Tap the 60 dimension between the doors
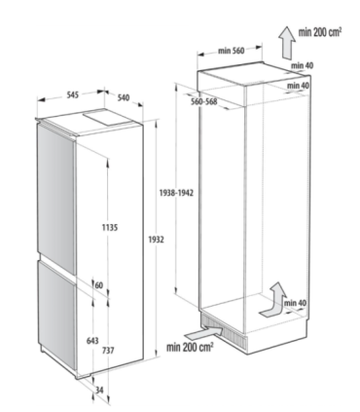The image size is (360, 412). point(99,284)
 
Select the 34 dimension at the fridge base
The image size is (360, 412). point(100,391)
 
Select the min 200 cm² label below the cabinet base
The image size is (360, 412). point(191,347)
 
